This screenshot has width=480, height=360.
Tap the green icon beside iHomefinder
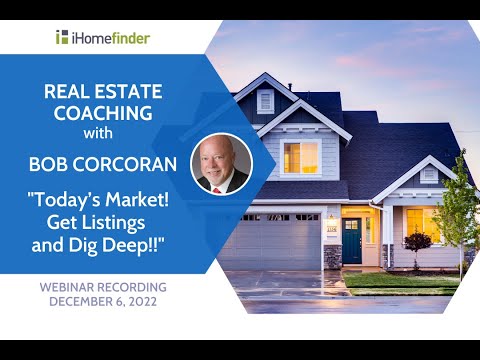(62, 38)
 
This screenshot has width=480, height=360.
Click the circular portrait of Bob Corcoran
(221, 162)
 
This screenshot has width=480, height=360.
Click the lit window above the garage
(299, 156)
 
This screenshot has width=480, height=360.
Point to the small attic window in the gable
(265, 100)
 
